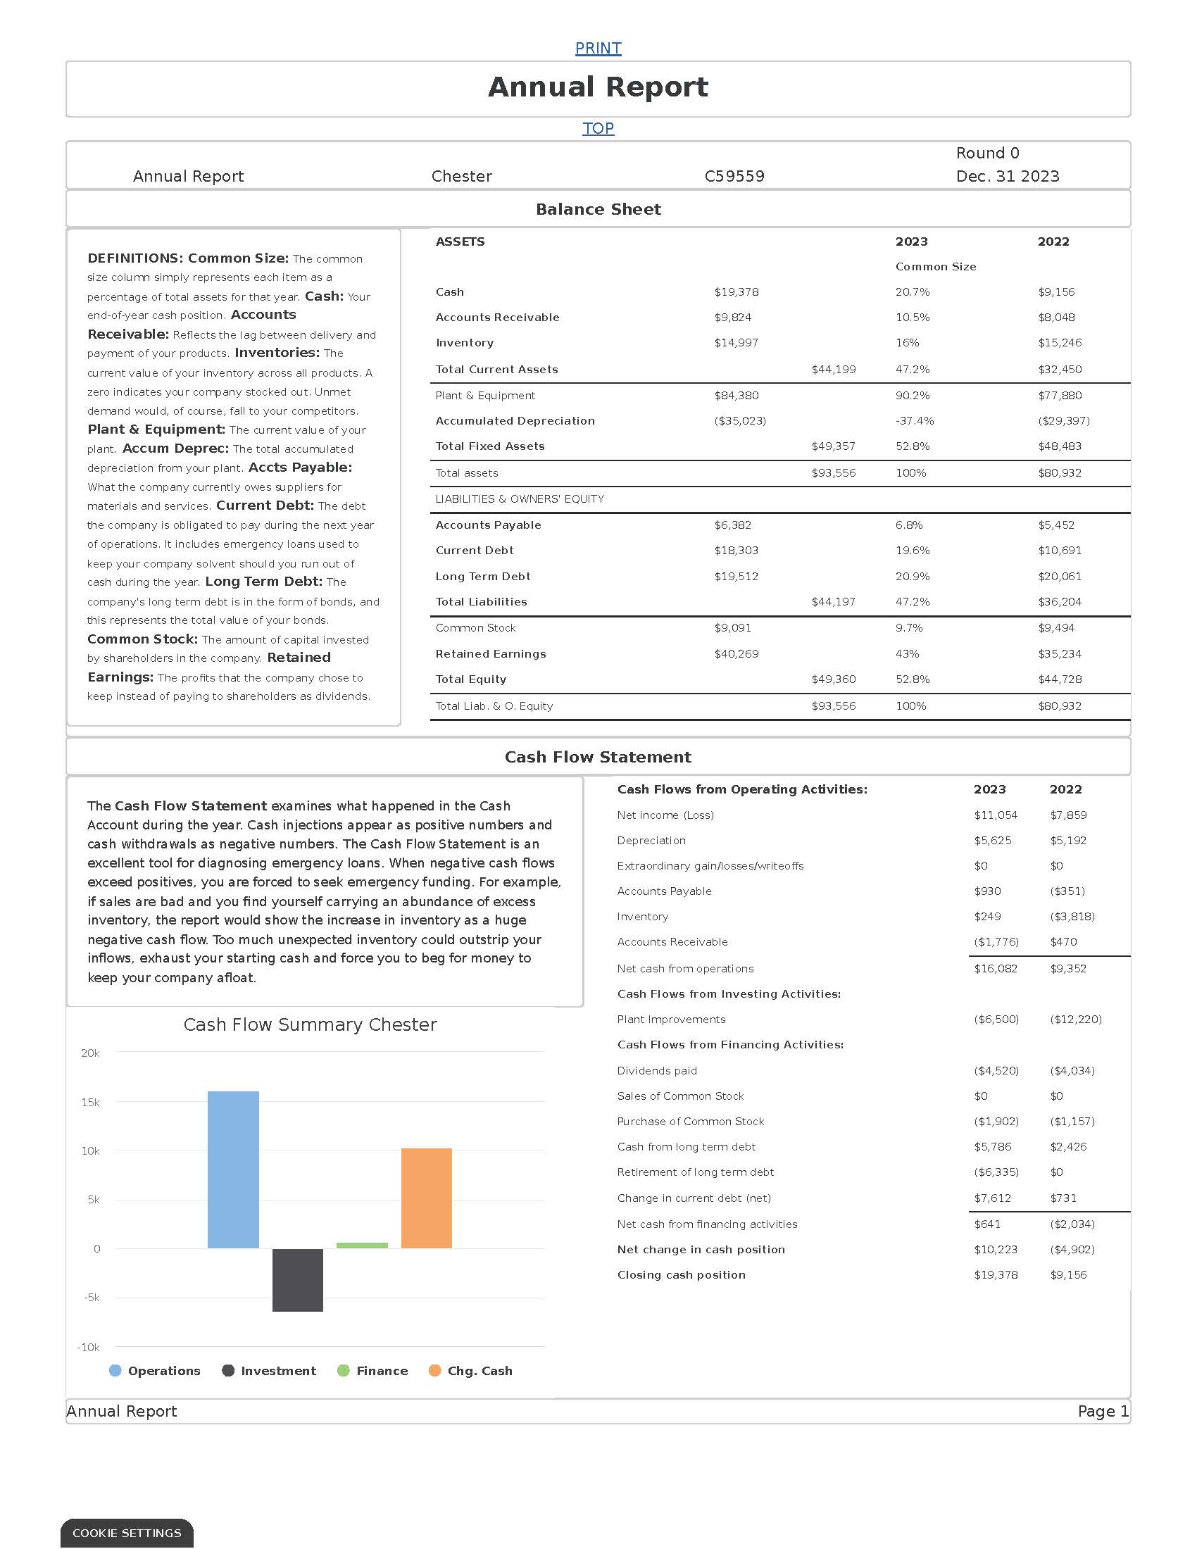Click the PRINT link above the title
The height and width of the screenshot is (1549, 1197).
coord(598,48)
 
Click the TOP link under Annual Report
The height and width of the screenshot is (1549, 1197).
coord(598,128)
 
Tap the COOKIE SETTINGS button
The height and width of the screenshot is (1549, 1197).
coord(127,1533)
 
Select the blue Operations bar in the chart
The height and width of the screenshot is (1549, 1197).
coord(233,1170)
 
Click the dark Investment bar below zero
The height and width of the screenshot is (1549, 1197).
coord(298,1279)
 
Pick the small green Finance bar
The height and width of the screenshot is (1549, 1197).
coord(362,1246)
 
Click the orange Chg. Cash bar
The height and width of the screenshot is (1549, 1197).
coord(426,1198)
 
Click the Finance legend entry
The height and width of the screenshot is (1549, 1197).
coord(382,1371)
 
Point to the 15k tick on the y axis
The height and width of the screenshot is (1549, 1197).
coord(90,1102)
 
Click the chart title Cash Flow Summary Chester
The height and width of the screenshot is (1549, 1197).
coord(310,1025)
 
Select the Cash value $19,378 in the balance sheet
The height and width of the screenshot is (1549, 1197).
coord(736,292)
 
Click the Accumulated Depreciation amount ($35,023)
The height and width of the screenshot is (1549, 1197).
coord(739,420)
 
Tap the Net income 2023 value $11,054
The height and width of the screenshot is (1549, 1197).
coord(996,815)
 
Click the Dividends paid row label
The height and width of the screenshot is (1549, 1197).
coord(657,1070)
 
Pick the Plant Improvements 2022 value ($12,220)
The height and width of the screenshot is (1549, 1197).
coord(1075,1020)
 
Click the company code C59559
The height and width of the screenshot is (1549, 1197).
coord(734,176)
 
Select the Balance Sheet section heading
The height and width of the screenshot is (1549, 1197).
coord(598,209)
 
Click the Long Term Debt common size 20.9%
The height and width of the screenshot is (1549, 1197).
coord(912,577)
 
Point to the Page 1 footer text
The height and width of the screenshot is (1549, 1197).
coord(1103,1412)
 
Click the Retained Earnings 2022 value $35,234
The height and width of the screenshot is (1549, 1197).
coord(1060,654)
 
